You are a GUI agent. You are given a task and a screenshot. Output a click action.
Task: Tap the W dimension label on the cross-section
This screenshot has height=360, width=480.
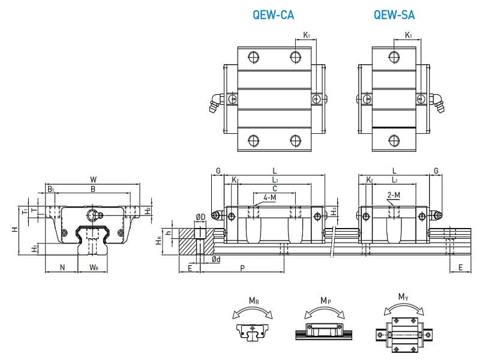pos(92,179)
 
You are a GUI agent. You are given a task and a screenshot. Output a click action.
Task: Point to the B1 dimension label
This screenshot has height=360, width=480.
pos(51,190)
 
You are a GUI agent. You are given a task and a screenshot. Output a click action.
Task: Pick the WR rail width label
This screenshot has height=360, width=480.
pos(94,266)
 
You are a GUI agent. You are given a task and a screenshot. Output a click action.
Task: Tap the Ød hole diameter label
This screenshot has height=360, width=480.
pos(215,259)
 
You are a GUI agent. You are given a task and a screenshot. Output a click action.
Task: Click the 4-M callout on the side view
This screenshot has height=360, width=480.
pos(270,197)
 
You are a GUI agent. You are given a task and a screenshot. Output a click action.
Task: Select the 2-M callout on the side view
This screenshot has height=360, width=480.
pos(394,195)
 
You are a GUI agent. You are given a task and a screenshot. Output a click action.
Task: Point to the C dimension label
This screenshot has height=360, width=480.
pos(274,188)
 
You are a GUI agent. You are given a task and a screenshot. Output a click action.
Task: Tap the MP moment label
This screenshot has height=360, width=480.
pos(325,300)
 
